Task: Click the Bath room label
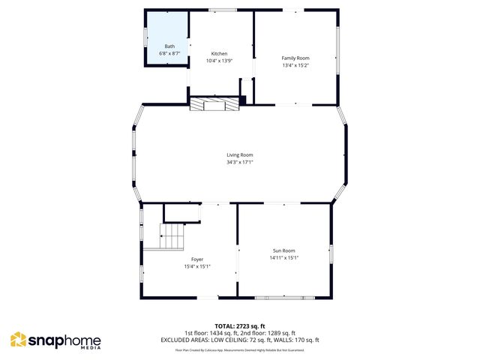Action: point(169,46)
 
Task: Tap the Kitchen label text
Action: point(219,54)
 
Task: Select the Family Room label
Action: point(295,58)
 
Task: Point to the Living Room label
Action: point(240,155)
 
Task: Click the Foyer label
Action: point(197,259)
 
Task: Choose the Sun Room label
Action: point(283,250)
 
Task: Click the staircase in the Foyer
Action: point(172,237)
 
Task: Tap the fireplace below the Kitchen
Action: point(215,104)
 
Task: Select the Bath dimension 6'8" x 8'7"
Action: point(169,54)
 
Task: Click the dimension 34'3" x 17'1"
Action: point(240,162)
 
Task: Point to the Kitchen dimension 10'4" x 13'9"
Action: point(219,61)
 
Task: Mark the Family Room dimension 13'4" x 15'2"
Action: point(295,65)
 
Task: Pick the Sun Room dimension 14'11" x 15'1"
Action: point(283,258)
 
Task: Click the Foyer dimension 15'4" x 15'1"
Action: point(197,266)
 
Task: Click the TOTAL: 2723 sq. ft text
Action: point(240,326)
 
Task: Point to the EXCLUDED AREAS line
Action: point(240,339)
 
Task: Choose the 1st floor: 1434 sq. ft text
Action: point(211,333)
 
